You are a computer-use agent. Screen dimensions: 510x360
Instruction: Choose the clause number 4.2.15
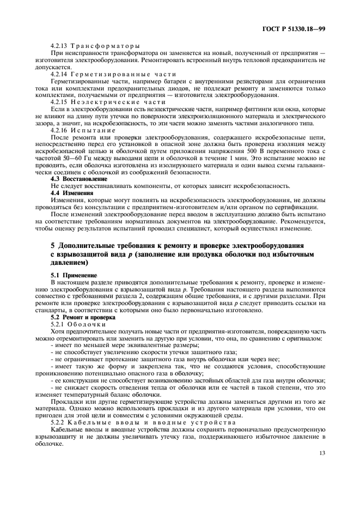59,102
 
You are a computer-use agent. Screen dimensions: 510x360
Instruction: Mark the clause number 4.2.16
59,130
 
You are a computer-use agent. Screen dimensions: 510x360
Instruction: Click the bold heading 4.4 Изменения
72,193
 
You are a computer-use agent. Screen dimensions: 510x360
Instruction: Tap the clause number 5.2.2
58,423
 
